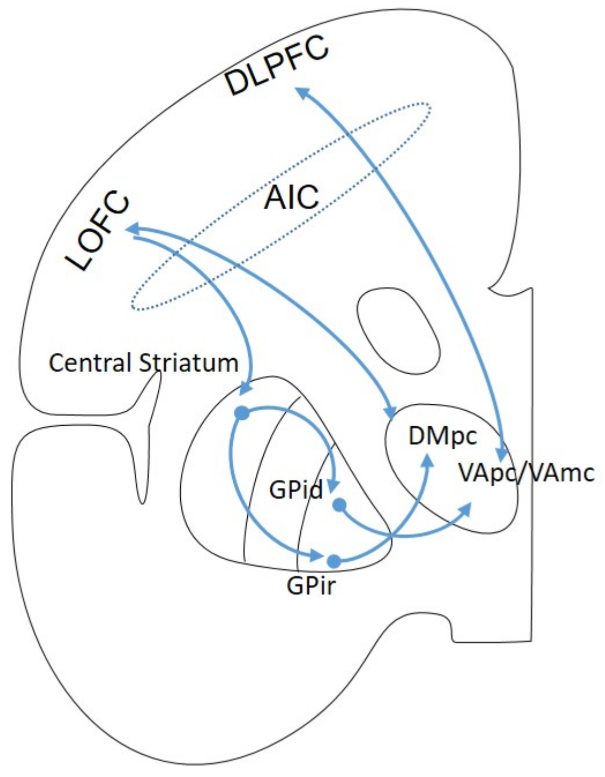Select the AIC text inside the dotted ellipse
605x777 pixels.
pos(292,197)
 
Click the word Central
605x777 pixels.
pos(90,363)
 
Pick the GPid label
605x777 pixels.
pos(296,490)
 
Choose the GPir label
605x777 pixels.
pos(311,586)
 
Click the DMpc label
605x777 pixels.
pos(442,436)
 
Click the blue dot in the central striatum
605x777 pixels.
pos(242,413)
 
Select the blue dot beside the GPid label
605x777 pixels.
pos(340,505)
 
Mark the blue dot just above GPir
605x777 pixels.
pos(334,561)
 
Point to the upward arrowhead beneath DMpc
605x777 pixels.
pos(429,460)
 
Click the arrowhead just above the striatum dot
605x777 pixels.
pos(246,387)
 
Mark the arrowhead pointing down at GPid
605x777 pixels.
pos(333,485)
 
